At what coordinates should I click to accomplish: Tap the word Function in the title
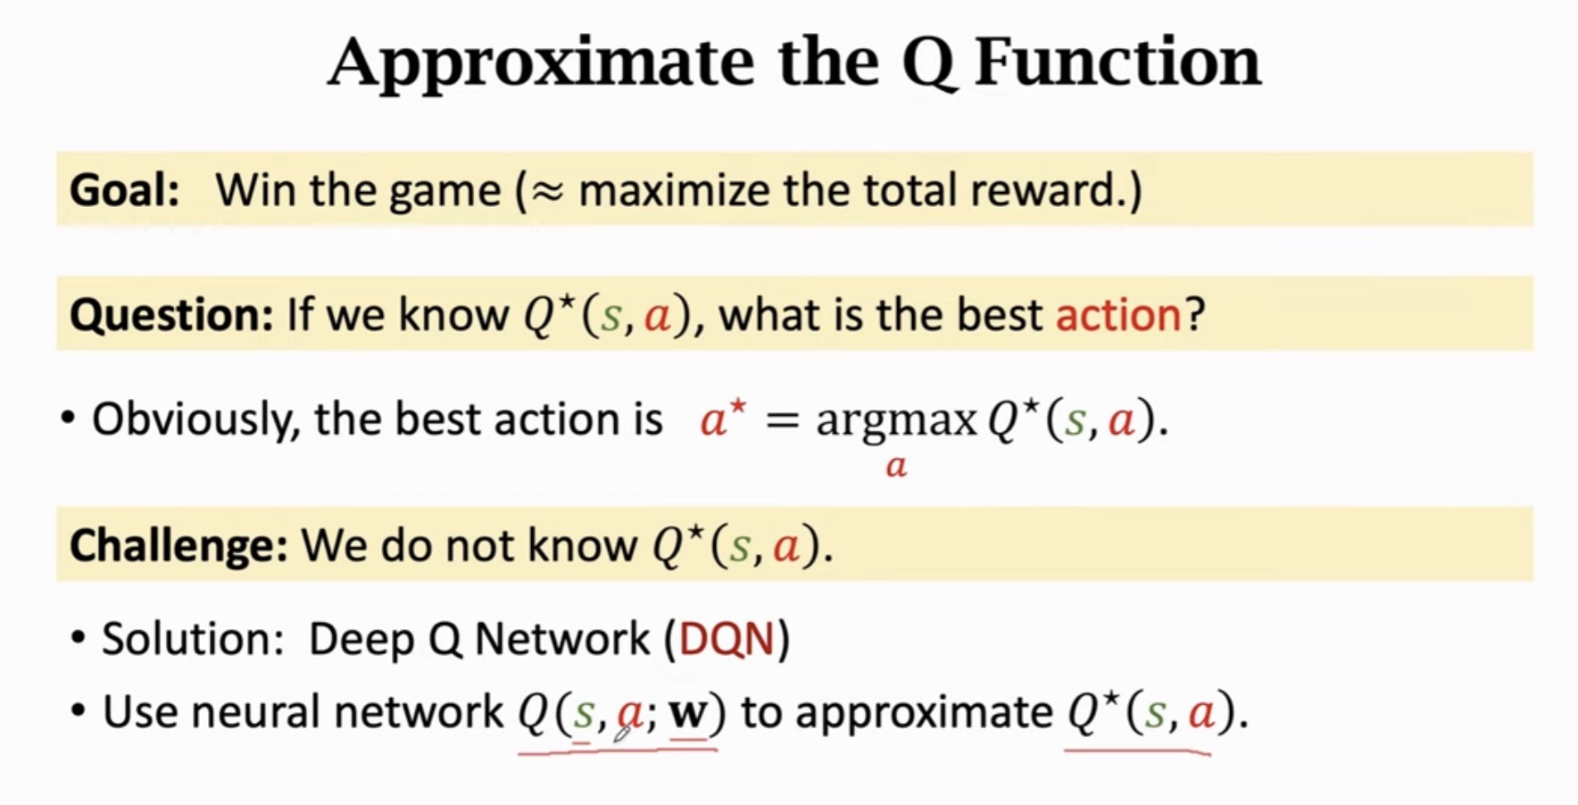(x=1117, y=62)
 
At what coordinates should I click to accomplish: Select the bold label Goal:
(x=124, y=190)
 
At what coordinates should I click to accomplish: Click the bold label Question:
(x=170, y=314)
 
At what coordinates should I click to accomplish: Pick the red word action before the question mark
(x=1118, y=314)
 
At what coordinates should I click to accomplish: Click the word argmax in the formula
(x=895, y=419)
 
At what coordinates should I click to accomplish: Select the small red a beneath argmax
(x=896, y=466)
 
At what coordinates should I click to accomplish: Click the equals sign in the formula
(x=782, y=419)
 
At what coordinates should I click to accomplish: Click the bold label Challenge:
(x=178, y=544)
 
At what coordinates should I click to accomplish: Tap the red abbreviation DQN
(x=727, y=639)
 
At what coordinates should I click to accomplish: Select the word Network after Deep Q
(x=562, y=639)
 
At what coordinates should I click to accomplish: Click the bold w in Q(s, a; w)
(x=688, y=712)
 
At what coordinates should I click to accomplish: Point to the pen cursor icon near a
(x=623, y=733)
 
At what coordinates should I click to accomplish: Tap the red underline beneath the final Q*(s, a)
(x=1137, y=751)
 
